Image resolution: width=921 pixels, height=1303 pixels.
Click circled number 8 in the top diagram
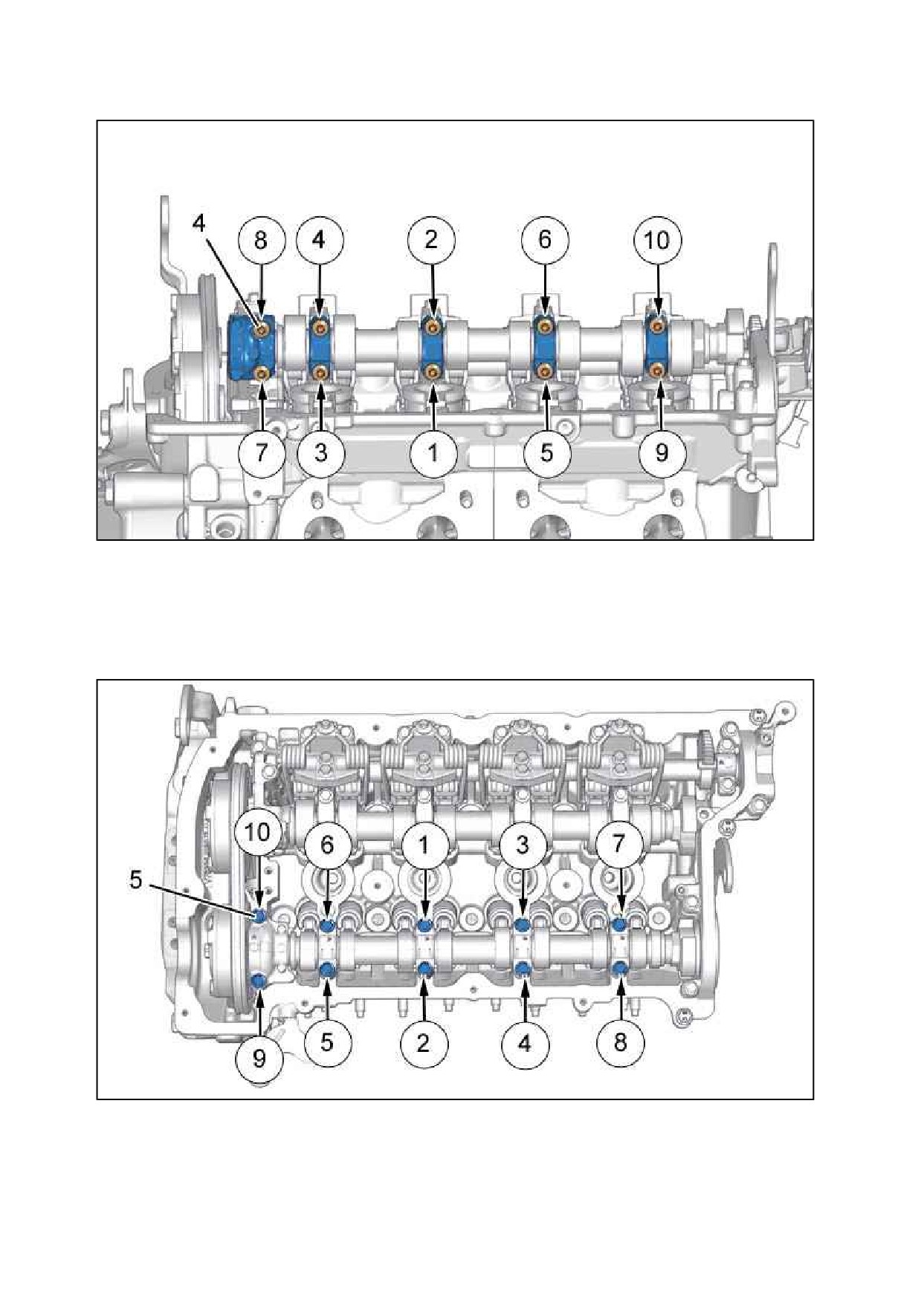click(x=260, y=240)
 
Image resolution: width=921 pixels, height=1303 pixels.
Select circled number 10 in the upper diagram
click(x=657, y=240)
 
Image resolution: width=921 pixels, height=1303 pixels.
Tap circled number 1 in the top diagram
click(x=433, y=452)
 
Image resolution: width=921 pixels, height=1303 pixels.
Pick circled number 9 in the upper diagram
click(x=661, y=452)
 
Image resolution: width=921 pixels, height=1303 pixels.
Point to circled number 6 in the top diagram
click(x=545, y=240)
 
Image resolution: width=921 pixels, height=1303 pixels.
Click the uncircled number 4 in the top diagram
click(x=199, y=224)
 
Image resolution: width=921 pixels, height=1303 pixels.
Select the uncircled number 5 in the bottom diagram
click(x=135, y=880)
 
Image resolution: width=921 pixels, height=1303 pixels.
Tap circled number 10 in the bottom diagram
click(x=257, y=832)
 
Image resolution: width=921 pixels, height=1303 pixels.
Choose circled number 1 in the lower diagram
click(x=424, y=845)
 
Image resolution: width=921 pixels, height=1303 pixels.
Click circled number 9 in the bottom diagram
click(x=259, y=1057)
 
